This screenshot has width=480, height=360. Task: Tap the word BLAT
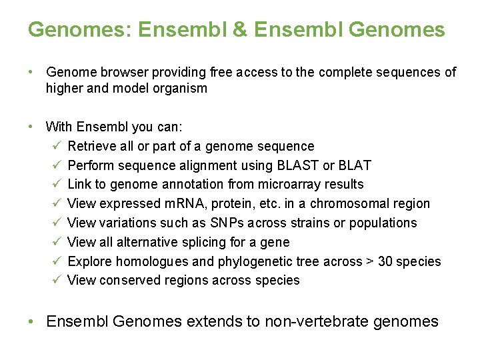(x=355, y=165)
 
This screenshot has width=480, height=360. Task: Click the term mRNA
(x=187, y=203)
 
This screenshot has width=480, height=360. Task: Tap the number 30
(x=386, y=261)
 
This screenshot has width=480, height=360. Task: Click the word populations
(x=385, y=223)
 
